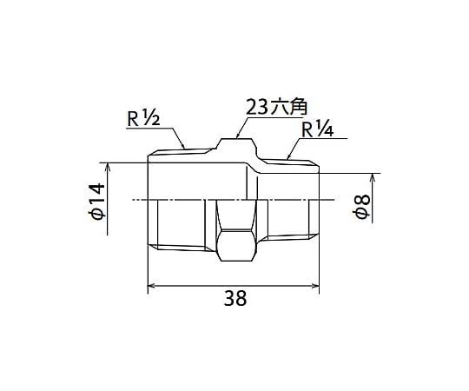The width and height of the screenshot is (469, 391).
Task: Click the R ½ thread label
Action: [x=143, y=118]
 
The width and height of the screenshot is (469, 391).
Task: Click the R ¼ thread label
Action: [x=317, y=129]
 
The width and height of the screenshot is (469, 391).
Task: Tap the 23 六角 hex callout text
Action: [x=276, y=107]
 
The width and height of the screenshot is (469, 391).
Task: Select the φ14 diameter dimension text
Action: [x=96, y=202]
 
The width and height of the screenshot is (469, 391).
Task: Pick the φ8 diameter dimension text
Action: [x=361, y=207]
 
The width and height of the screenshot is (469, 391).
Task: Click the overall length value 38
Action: [x=235, y=298]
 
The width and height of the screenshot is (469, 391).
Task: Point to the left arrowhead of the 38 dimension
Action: [x=149, y=286]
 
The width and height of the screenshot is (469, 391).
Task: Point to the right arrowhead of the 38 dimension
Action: [x=319, y=286]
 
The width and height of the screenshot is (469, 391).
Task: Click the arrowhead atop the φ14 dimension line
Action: [x=108, y=163]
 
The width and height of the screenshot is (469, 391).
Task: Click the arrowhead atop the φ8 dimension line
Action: [x=373, y=174]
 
